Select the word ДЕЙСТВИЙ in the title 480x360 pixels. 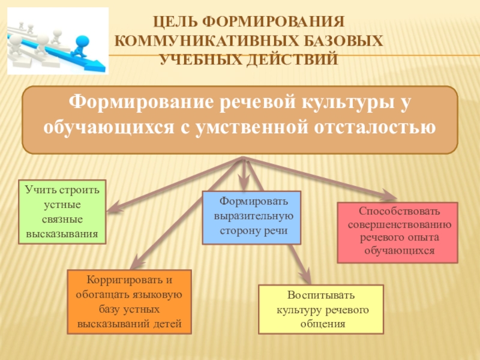pos(296,59)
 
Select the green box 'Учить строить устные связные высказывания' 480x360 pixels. pos(63,211)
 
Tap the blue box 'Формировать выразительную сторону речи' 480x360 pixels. pos(251,217)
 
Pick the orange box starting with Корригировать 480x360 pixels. pos(129,302)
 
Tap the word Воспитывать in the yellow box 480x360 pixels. pos(321,296)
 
